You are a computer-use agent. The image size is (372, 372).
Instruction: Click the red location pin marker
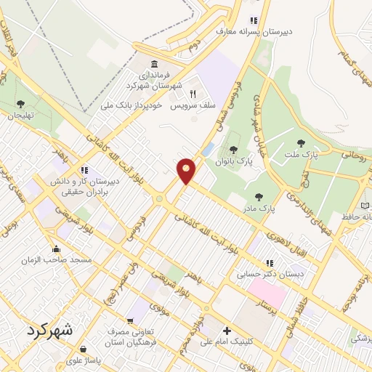[x=187, y=171]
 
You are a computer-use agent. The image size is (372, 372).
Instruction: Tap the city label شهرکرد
[x=49, y=331]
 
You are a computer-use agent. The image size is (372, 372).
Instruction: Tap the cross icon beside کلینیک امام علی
[x=227, y=331]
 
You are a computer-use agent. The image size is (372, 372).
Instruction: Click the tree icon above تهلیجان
[x=20, y=103]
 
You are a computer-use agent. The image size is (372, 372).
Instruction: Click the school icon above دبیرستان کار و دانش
[x=85, y=170]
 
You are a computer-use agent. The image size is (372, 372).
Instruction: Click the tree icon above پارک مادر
[x=259, y=196]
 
